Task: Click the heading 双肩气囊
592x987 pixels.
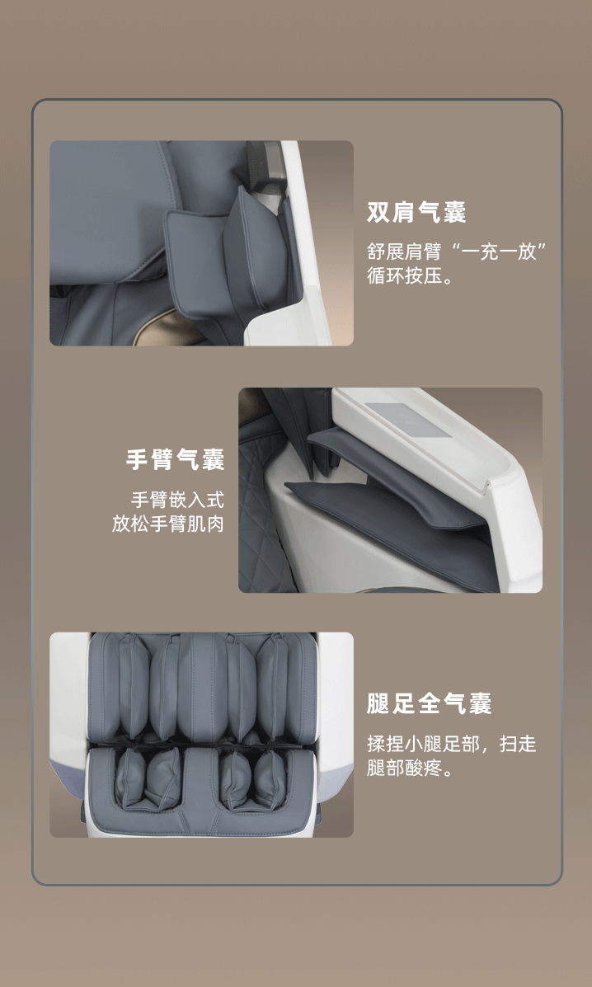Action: [x=416, y=212]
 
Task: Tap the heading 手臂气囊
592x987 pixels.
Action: [x=175, y=459]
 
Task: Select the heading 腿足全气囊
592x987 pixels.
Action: [x=429, y=703]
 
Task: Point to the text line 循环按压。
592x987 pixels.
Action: [x=410, y=275]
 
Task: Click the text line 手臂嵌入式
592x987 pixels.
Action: [x=177, y=501]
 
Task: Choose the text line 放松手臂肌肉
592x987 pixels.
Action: [x=168, y=524]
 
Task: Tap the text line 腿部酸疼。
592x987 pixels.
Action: [x=410, y=768]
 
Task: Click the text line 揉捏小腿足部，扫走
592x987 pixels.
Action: [x=452, y=744]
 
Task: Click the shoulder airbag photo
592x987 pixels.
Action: [x=201, y=243]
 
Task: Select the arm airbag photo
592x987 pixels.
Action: [x=390, y=490]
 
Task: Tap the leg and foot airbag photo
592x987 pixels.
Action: [x=201, y=735]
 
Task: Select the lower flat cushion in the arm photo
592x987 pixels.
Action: [x=390, y=529]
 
